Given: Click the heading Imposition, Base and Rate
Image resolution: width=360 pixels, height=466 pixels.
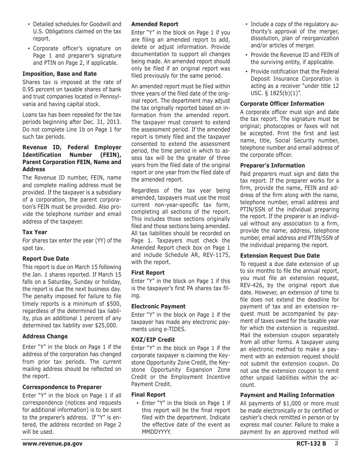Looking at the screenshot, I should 59,74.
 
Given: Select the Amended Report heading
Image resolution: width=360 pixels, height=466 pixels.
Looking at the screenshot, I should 155,24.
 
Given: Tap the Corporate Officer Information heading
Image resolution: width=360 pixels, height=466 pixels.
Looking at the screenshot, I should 282,104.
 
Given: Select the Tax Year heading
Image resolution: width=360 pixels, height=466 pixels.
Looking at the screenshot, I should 35,232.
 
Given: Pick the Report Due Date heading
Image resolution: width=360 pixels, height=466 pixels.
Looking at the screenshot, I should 45,259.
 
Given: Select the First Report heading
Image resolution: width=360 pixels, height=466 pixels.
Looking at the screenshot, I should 148,273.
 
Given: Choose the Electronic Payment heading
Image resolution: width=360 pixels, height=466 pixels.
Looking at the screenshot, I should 158,306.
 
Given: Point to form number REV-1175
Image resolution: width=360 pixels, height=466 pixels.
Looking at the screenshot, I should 214,255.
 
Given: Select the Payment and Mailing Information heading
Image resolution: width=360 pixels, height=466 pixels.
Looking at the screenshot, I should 287,395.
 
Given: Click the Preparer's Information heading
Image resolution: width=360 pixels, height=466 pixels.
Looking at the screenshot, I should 272,166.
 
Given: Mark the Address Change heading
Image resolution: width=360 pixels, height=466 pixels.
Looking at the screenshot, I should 45,336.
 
